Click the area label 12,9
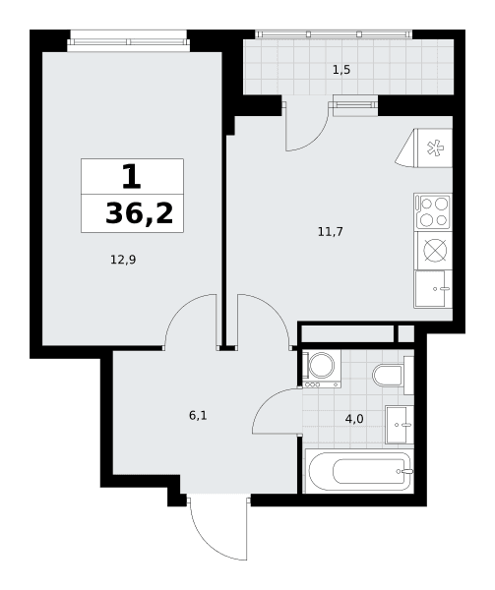coord(123,260)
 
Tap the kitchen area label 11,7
coord(330,232)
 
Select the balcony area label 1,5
coord(341,70)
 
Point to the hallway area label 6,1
coord(198,416)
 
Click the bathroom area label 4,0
coord(354,419)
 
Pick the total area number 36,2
coord(139,213)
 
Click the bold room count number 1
coord(131,178)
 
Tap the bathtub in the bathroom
coord(359,471)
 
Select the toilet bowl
coord(388,376)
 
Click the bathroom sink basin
coord(400,425)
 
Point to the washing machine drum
coord(322,365)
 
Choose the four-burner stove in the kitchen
coord(433,211)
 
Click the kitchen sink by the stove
coord(433,288)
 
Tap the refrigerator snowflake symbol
coord(434,147)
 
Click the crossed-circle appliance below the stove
coord(434,250)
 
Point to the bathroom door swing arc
coord(266,402)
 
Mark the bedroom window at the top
coord(128,41)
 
